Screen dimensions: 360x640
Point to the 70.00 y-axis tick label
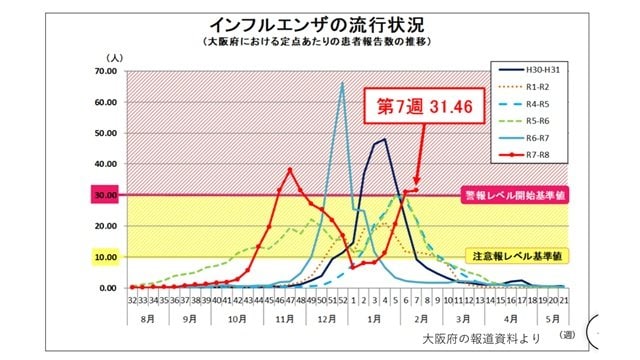(x=105, y=71)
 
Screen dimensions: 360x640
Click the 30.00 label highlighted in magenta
(x=105, y=195)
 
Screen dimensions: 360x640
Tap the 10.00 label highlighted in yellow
(x=105, y=257)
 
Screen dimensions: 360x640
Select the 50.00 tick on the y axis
(x=105, y=133)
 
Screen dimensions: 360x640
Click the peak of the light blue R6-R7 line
(x=343, y=83)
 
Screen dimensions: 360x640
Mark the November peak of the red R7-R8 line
(x=290, y=169)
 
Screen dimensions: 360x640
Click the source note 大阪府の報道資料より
(x=487, y=337)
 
